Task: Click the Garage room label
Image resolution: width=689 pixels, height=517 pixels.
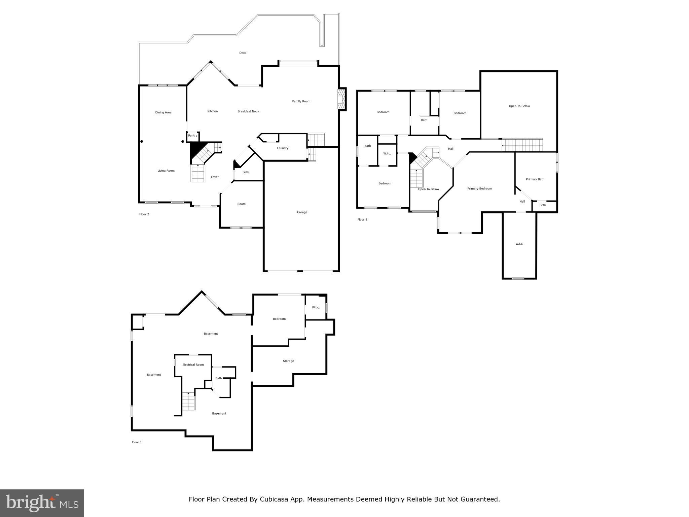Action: point(302,212)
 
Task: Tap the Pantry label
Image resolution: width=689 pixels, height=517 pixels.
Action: point(193,136)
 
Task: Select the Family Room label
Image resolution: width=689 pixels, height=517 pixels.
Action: point(301,101)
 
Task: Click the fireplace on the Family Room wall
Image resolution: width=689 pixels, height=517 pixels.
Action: point(342,99)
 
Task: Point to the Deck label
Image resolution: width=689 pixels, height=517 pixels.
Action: point(243,53)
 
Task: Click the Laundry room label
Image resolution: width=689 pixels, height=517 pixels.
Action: point(283,148)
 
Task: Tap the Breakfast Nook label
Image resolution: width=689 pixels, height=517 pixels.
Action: point(248,111)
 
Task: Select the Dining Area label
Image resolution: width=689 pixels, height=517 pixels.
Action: point(163,112)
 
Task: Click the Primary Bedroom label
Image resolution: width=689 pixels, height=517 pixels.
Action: point(479,189)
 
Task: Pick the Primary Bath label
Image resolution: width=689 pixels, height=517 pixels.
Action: point(535,179)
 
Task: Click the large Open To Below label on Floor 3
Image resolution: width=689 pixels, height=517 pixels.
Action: point(519,106)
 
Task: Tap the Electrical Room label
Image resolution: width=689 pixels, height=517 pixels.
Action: point(193,365)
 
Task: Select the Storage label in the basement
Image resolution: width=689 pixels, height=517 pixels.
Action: point(288,361)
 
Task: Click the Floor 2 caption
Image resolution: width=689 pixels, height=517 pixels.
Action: point(144,214)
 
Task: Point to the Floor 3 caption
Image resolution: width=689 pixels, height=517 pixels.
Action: point(362,220)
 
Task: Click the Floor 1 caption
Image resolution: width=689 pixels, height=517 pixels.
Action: point(137,442)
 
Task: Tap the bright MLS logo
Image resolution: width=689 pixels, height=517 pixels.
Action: point(42,503)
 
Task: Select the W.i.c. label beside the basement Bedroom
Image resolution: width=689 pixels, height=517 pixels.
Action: point(316,308)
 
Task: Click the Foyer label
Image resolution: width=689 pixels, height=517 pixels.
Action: point(215,177)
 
